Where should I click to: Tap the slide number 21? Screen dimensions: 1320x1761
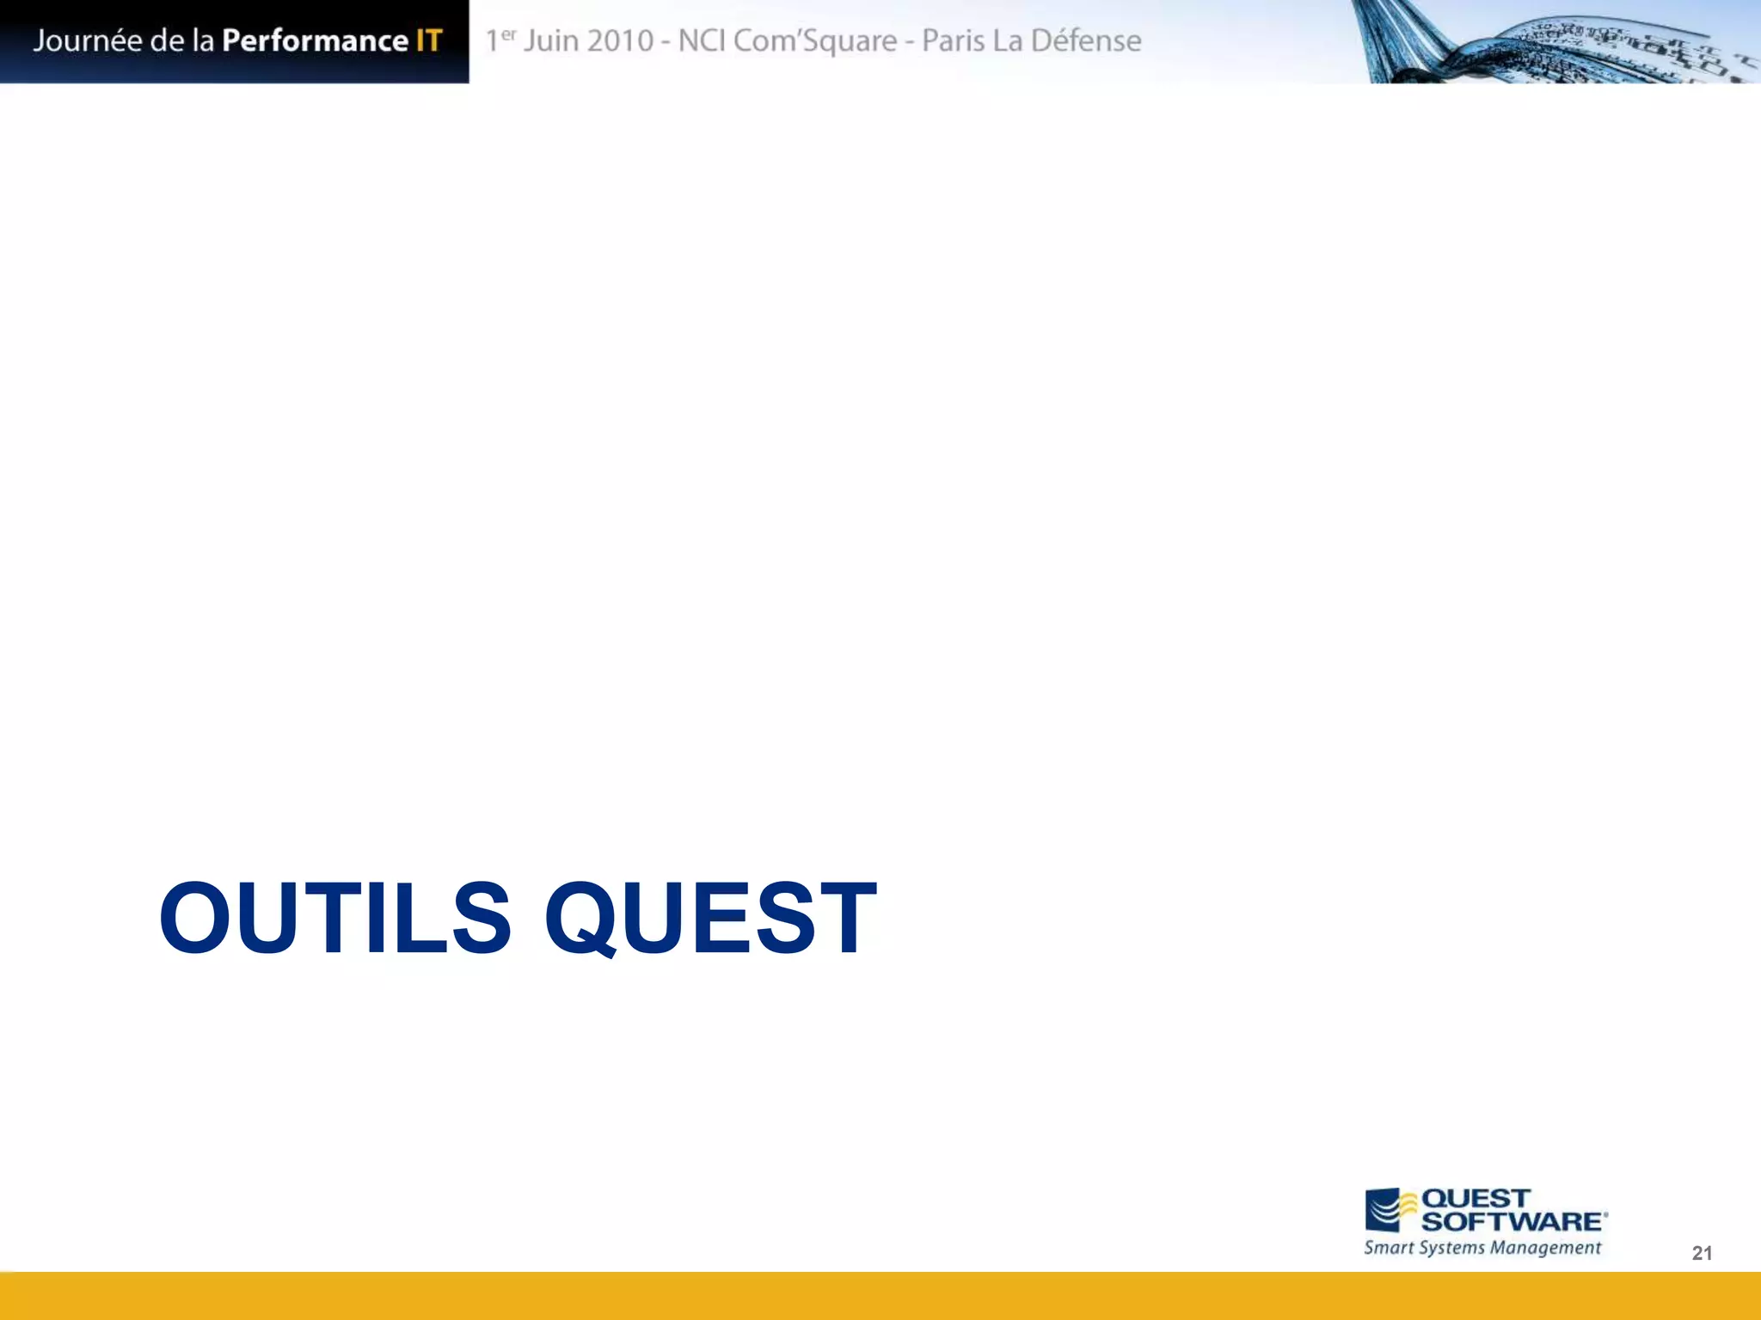1702,1253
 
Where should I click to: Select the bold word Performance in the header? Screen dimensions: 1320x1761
315,40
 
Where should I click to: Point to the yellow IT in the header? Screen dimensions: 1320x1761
428,40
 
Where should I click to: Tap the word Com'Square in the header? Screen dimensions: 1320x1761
814,40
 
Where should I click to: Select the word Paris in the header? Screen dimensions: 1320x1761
953,40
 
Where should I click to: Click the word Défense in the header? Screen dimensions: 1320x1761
1086,40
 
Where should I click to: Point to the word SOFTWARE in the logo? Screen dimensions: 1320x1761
1512,1221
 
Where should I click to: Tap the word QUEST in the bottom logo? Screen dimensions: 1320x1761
1476,1198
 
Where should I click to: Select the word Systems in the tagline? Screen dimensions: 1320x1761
1452,1248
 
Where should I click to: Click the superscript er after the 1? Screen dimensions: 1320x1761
509,34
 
